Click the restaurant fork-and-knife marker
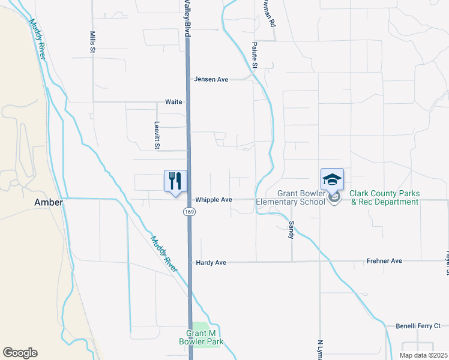(x=175, y=181)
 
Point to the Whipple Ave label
(x=214, y=200)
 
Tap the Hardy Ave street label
(x=211, y=263)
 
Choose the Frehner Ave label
(x=384, y=262)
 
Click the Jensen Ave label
(x=211, y=79)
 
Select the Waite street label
(x=173, y=102)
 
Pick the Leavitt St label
(x=157, y=134)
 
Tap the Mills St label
(x=93, y=42)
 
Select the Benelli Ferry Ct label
(x=418, y=326)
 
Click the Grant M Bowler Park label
(x=205, y=337)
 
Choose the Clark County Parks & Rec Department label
(x=384, y=197)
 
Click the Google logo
(x=20, y=353)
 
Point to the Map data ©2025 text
(x=424, y=355)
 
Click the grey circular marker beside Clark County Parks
(x=335, y=196)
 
